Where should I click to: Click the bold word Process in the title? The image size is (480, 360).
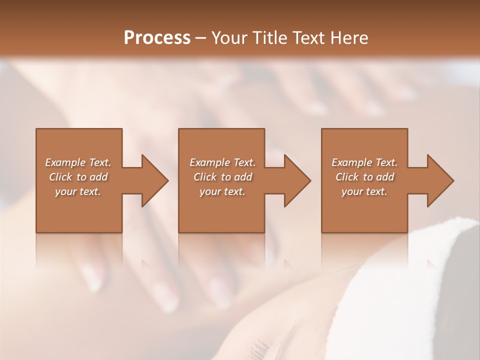[157, 38]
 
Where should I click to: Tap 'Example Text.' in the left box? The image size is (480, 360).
[78, 162]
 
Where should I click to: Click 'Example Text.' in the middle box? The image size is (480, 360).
[222, 162]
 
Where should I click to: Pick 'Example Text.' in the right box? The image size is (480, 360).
[364, 162]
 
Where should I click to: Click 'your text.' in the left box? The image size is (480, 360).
[78, 191]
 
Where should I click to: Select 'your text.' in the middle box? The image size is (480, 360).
[222, 191]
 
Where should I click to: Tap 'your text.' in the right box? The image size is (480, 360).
[364, 191]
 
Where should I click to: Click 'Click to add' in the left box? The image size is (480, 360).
[78, 177]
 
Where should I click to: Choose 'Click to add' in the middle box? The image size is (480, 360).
[222, 177]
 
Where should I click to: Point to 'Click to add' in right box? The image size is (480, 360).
[364, 177]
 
